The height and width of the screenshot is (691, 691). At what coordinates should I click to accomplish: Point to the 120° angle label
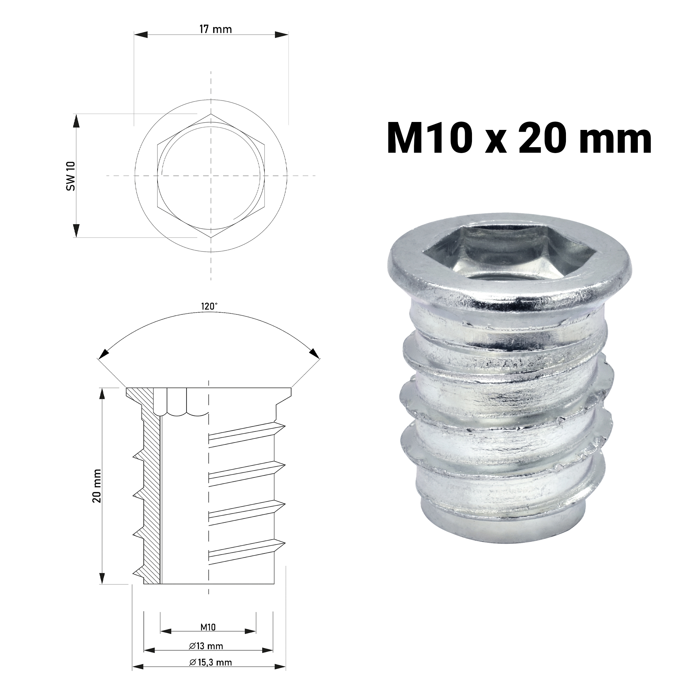coord(209,306)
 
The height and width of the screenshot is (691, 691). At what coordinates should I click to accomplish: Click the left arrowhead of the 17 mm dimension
coord(141,34)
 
